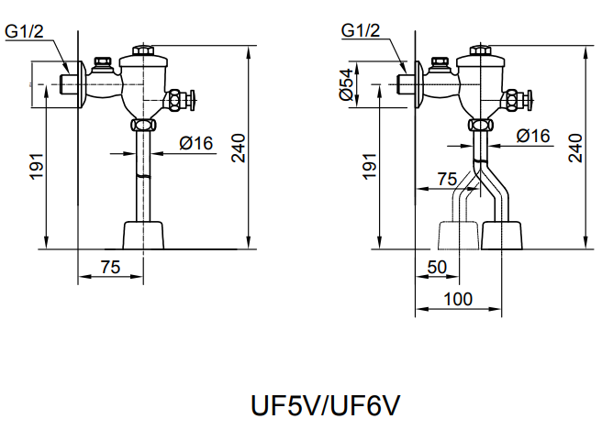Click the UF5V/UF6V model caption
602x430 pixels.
click(x=325, y=405)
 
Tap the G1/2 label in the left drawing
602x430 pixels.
click(x=24, y=31)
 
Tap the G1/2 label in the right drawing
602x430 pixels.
click(x=361, y=30)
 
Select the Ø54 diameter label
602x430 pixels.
click(x=346, y=84)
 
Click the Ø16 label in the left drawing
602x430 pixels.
click(x=195, y=143)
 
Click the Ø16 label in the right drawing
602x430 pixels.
click(x=533, y=136)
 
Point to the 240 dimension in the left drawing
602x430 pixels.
click(x=239, y=148)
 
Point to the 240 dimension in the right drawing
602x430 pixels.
click(x=575, y=148)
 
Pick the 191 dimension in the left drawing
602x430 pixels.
click(x=37, y=166)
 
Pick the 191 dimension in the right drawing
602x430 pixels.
click(x=370, y=166)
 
